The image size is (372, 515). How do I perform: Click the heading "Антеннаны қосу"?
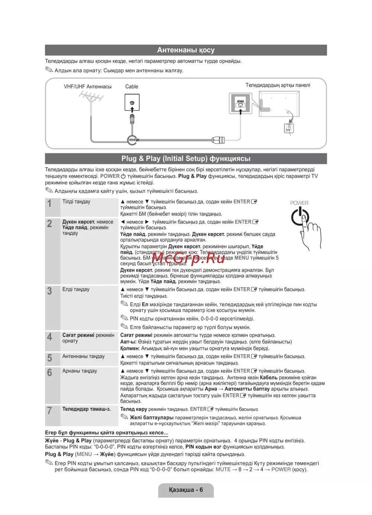pos(186,50)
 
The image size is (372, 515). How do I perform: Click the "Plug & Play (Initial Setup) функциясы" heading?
pos(186,159)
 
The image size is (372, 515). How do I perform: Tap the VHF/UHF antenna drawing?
pos(91,100)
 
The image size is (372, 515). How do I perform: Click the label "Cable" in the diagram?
pos(132,86)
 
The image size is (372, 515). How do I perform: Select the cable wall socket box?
pos(132,102)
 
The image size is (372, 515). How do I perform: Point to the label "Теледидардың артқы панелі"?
pos(278,85)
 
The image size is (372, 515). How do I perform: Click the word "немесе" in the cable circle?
pos(133,140)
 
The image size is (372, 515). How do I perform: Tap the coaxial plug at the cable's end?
pos(218,140)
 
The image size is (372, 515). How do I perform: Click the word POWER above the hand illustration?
pos(299,203)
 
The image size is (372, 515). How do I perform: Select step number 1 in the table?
pos(49,204)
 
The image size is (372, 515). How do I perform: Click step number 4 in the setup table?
pos(49,337)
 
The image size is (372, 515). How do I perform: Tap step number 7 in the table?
pos(49,410)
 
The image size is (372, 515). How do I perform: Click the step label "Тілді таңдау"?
pos(76,202)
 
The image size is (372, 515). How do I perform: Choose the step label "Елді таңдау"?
pos(76,289)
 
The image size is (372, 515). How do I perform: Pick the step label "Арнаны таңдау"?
pos(80,371)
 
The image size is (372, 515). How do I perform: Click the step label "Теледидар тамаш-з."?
pos(86,409)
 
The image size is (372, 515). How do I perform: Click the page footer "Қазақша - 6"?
pos(186,490)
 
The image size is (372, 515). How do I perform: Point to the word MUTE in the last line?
pos(223,470)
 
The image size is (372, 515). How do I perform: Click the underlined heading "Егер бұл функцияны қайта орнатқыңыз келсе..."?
pos(106,433)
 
